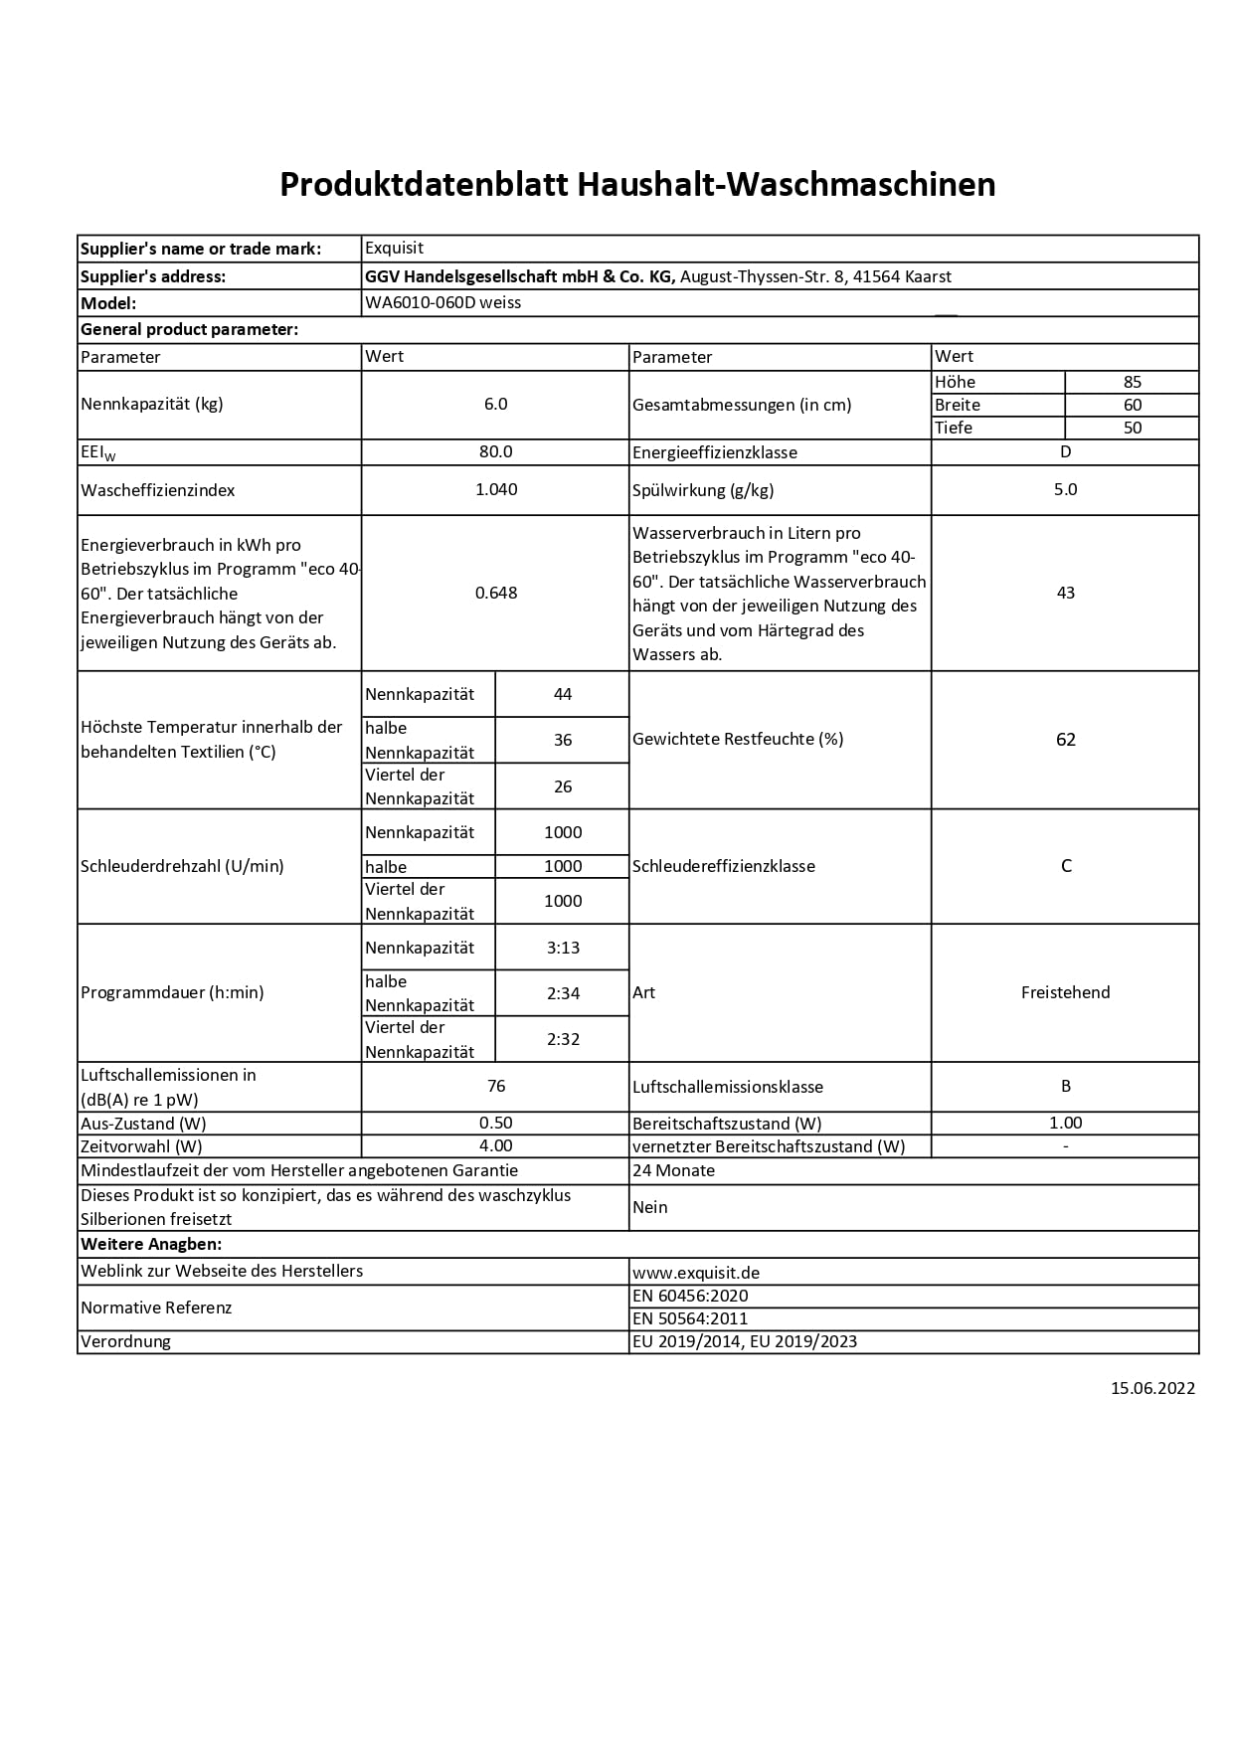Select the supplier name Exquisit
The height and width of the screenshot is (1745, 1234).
394,249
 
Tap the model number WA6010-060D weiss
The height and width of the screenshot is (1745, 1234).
442,302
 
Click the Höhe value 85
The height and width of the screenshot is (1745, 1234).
1132,382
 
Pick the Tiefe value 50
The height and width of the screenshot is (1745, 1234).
1132,428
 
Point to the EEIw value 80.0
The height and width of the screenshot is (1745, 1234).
495,451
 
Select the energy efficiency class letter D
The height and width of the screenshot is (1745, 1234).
1065,451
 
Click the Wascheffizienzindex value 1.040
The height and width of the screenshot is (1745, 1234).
495,489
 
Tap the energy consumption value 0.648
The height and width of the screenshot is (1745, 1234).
495,593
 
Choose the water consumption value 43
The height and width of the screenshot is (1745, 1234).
1065,593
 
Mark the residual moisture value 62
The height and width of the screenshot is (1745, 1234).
1065,740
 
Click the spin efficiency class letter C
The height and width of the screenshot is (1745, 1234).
1065,866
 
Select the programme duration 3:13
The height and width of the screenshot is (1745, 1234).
563,948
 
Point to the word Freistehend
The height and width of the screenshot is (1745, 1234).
1065,992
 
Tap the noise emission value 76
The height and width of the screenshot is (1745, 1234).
495,1087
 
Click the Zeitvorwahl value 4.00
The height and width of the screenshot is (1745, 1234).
495,1146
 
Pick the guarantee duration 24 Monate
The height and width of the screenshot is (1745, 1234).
673,1170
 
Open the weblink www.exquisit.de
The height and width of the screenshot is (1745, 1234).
696,1273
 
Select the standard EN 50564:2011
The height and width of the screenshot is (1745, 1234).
690,1318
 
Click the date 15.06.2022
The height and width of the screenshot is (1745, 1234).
1152,1388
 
